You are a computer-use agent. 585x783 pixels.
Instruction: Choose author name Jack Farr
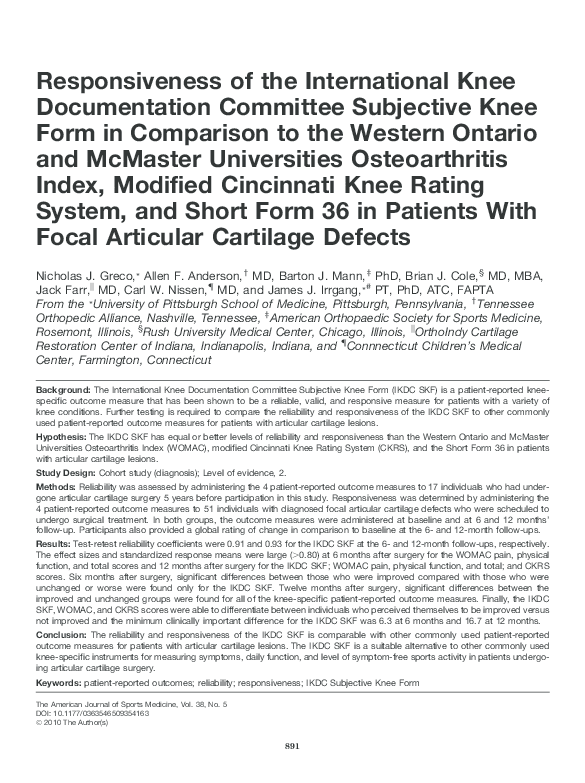59,288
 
